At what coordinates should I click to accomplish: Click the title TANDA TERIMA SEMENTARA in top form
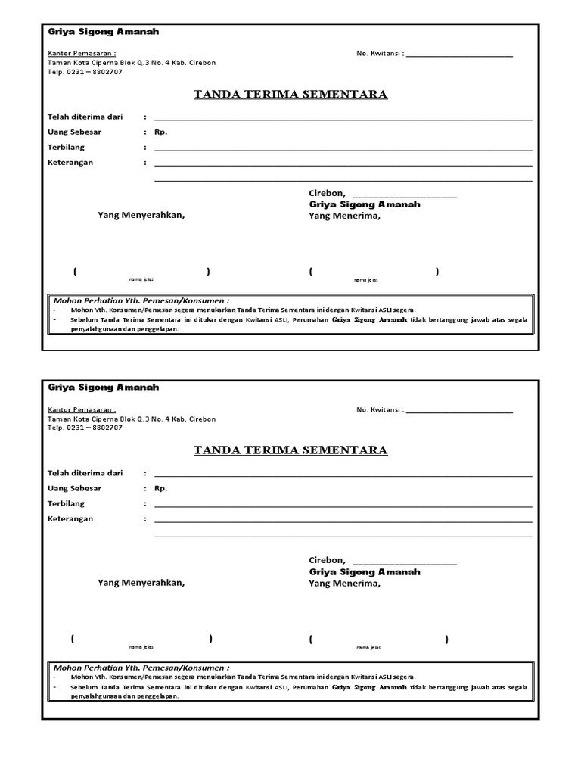290,95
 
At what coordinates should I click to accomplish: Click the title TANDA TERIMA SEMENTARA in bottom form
290,450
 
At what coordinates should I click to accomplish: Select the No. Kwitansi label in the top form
380,54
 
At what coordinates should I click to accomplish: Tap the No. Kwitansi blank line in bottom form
459,410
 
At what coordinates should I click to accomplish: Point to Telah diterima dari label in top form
85,117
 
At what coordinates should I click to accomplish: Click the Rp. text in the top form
161,132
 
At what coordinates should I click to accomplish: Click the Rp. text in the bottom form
161,488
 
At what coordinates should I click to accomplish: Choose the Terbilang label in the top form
67,147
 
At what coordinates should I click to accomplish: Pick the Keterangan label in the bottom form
70,518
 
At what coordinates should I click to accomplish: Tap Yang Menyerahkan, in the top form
141,215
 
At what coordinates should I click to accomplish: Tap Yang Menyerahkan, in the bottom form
141,583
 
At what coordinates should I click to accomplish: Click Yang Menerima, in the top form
344,216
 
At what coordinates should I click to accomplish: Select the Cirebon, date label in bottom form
327,560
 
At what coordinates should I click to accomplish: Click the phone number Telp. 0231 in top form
85,72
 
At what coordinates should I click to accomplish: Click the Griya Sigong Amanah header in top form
103,32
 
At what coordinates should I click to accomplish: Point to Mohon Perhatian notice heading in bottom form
141,668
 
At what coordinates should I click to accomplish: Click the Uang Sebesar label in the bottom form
74,488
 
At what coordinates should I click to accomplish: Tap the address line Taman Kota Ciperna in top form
132,63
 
